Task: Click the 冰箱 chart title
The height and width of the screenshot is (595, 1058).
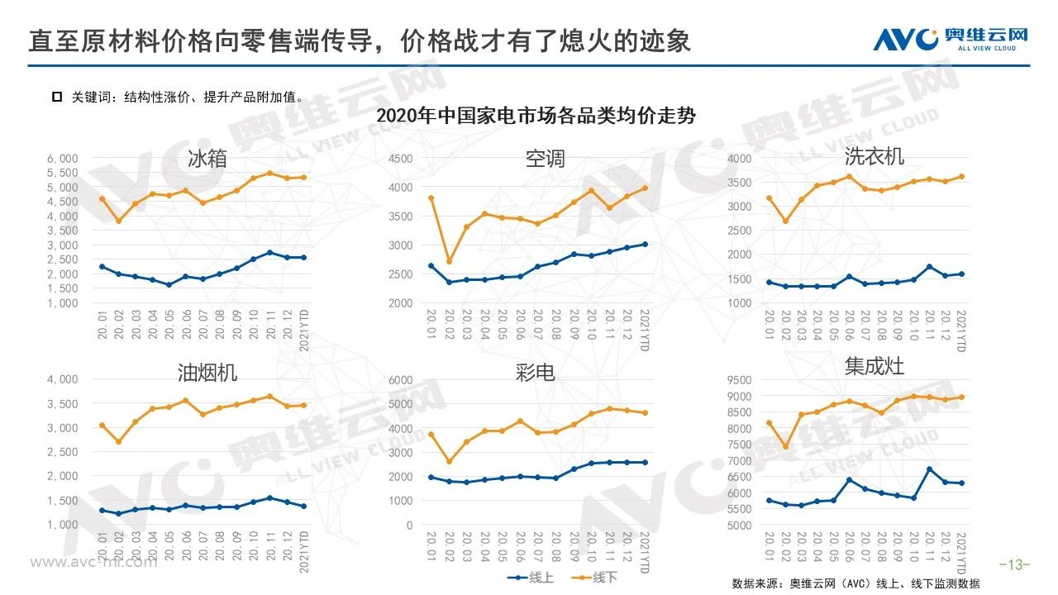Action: click(x=207, y=159)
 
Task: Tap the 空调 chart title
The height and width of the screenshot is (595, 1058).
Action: click(x=545, y=159)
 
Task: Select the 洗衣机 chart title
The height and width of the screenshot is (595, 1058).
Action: click(x=874, y=156)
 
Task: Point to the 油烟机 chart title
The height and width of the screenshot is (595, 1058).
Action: click(x=207, y=373)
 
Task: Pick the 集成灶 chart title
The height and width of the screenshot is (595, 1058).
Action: click(x=874, y=366)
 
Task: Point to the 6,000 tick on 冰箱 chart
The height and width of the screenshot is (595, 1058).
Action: click(x=62, y=158)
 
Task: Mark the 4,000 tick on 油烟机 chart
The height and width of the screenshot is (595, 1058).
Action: click(x=62, y=379)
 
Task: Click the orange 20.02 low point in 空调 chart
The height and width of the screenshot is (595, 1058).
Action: click(x=449, y=262)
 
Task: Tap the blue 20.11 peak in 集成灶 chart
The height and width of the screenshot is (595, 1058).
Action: click(x=930, y=469)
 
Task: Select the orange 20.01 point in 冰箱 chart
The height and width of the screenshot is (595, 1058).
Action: click(x=102, y=198)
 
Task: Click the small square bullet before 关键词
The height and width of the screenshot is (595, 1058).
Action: click(x=57, y=97)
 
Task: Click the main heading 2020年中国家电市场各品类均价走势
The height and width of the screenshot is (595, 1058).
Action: click(x=536, y=116)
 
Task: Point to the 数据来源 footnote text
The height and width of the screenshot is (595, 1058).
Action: click(x=855, y=583)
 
